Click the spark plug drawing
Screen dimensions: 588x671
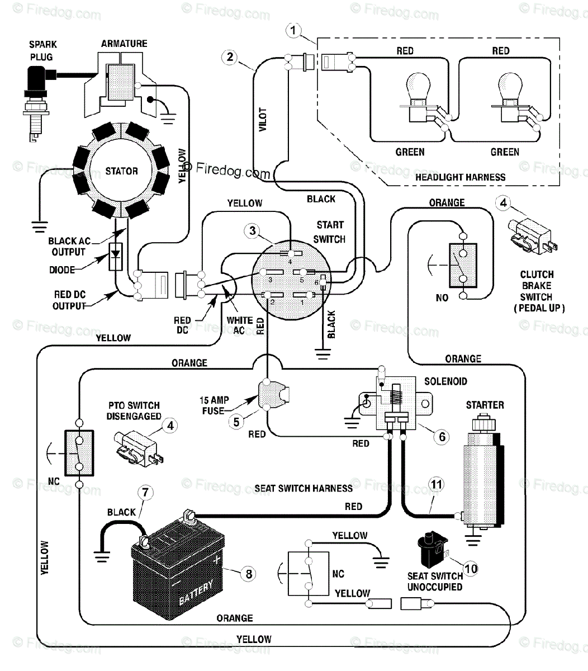coord(36,103)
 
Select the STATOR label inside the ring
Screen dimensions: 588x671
coord(121,171)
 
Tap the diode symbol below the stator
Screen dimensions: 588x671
coord(116,256)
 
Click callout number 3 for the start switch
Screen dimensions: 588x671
coord(253,230)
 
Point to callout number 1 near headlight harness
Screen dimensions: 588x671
coord(293,30)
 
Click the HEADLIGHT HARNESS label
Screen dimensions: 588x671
coord(461,177)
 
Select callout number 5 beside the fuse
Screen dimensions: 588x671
coord(236,422)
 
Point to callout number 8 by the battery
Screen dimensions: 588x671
coord(249,574)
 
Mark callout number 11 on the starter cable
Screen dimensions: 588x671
coord(437,485)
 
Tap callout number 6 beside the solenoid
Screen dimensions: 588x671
coord(442,437)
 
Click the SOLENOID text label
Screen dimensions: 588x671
coord(445,381)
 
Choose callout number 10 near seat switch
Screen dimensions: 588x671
coord(471,569)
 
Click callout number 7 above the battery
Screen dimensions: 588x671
coord(145,493)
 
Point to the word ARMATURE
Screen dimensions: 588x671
coord(124,44)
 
